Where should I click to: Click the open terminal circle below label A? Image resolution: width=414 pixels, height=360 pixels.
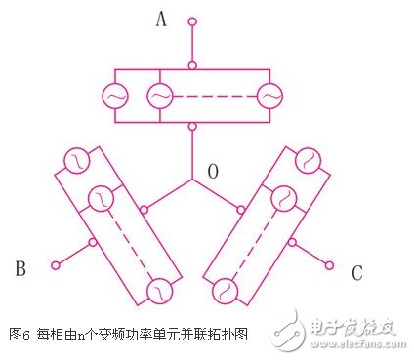tap(192, 20)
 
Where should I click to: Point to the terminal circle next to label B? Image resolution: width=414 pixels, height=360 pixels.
tap(56, 264)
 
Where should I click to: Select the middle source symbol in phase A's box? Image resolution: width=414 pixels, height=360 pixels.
tap(159, 97)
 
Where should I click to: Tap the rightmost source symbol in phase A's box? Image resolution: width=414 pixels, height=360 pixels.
tap(269, 97)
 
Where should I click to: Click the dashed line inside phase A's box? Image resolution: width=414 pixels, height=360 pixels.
tap(214, 97)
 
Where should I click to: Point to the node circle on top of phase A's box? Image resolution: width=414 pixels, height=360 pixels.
tap(192, 66)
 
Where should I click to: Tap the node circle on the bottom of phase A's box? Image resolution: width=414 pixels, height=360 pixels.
tap(192, 126)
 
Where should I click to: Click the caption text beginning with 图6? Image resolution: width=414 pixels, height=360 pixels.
tap(127, 335)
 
